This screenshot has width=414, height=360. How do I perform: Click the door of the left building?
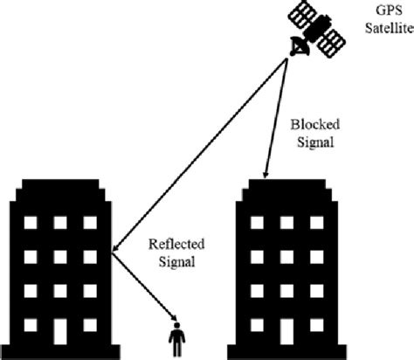click(60, 333)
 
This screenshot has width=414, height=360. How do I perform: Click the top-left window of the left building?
click(30, 223)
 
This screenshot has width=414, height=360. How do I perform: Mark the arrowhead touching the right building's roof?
click(264, 172)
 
